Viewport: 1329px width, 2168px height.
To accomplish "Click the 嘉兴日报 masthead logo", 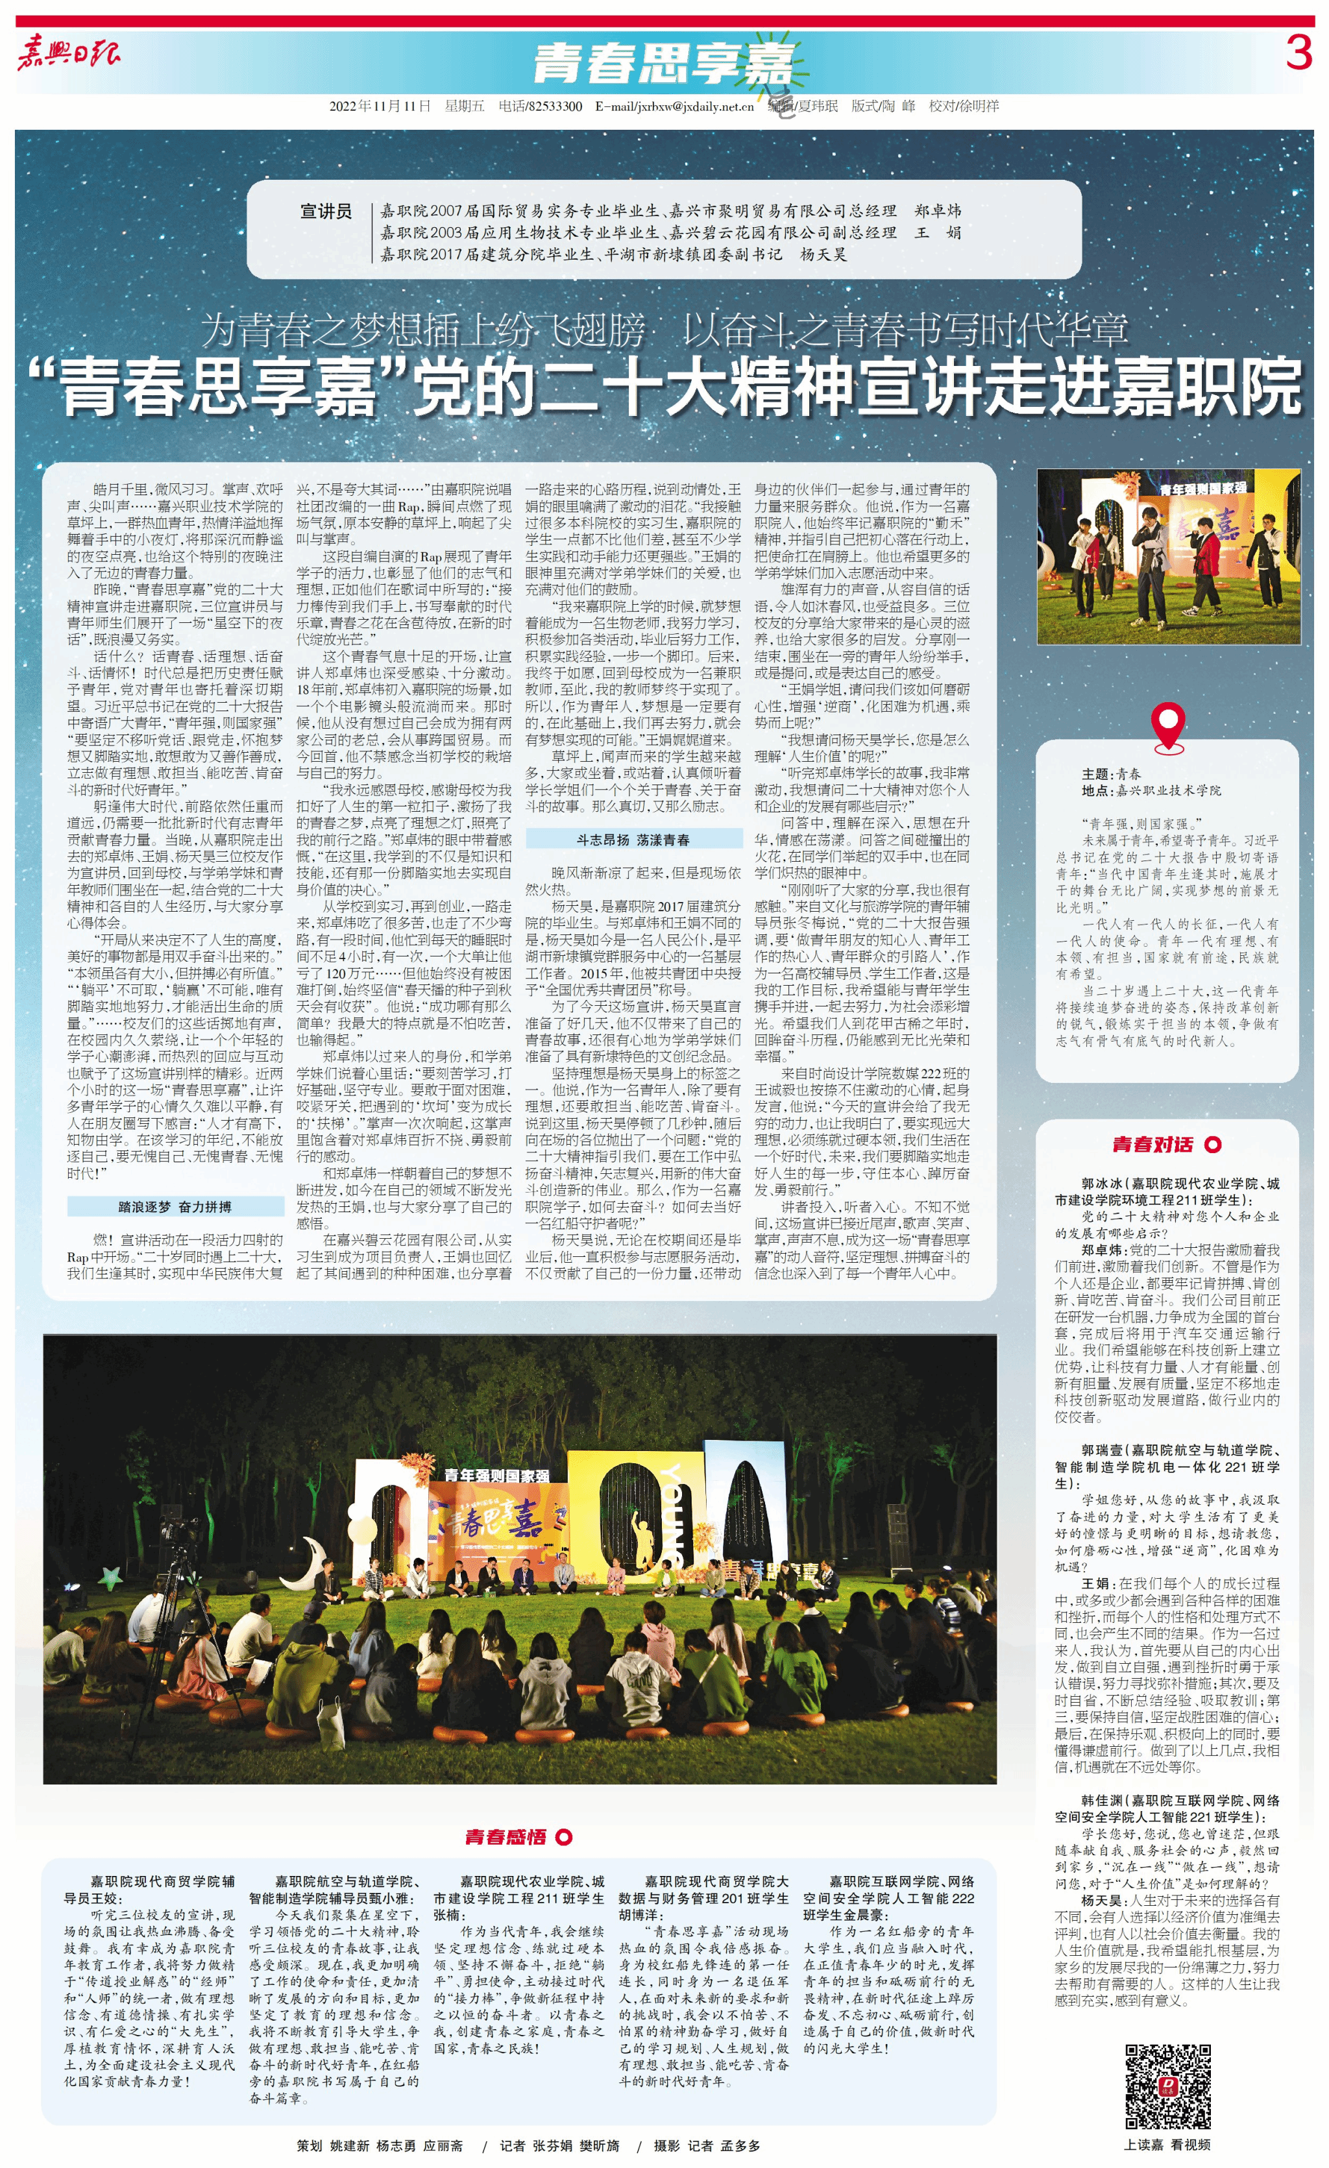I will click(x=69, y=55).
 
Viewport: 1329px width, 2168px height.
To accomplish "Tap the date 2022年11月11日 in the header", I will click(x=380, y=106).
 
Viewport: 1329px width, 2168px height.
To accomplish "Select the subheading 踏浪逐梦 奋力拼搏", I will click(x=175, y=1206).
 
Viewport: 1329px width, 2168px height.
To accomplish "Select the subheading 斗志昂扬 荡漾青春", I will click(x=633, y=840).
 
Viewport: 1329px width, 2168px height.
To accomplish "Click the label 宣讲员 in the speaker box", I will click(x=326, y=211).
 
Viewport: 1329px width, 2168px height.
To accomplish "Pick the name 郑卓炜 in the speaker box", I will click(x=937, y=211).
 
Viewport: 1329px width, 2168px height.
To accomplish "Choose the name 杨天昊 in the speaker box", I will click(x=823, y=254).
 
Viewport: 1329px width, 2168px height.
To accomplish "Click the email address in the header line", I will click(x=674, y=106).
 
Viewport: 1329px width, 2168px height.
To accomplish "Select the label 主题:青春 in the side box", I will click(x=1111, y=773).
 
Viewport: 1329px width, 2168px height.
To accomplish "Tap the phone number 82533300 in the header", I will click(x=555, y=106).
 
